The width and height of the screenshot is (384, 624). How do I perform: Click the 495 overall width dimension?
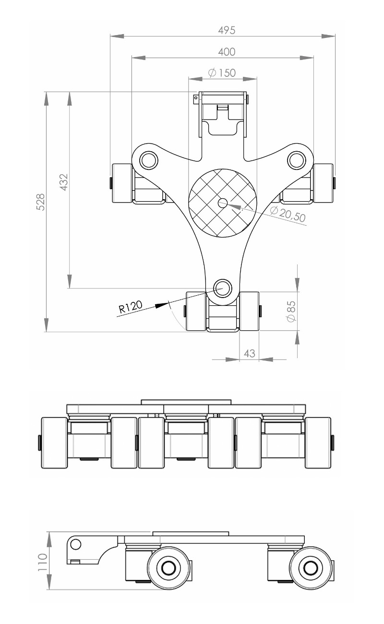click(227, 30)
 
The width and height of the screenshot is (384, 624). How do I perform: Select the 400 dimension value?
click(227, 52)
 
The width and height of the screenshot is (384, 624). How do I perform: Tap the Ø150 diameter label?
click(222, 73)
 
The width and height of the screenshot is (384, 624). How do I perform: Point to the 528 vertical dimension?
click(41, 202)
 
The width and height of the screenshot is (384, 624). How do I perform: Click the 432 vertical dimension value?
click(64, 182)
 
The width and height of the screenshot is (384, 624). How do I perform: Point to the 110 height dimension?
click(42, 561)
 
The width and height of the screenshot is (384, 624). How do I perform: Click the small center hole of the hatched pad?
click(223, 203)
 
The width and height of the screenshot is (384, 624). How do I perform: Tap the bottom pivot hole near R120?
click(222, 288)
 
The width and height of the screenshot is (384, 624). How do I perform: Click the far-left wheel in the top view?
click(122, 183)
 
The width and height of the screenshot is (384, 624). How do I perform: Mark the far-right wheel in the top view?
click(323, 183)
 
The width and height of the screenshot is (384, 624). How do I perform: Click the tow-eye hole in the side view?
click(75, 544)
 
